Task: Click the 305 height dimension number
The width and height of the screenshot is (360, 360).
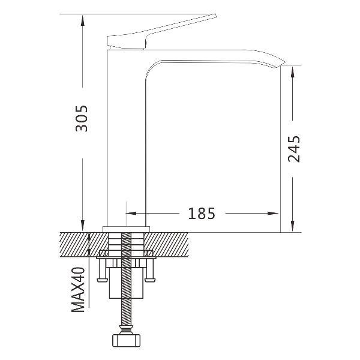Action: point(82,118)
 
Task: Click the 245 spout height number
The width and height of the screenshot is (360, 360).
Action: point(294,149)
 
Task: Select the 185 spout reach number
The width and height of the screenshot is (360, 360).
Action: point(202,214)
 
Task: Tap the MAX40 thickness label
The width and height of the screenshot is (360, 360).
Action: point(78,290)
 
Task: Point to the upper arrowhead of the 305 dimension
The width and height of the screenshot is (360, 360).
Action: point(83,20)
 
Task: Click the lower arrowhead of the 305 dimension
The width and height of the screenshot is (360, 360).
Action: point(83,226)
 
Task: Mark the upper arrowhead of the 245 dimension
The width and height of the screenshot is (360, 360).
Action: point(292,72)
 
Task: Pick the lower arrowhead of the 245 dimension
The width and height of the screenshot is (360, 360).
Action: point(292,226)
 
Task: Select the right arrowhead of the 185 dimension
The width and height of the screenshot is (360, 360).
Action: point(273,213)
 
